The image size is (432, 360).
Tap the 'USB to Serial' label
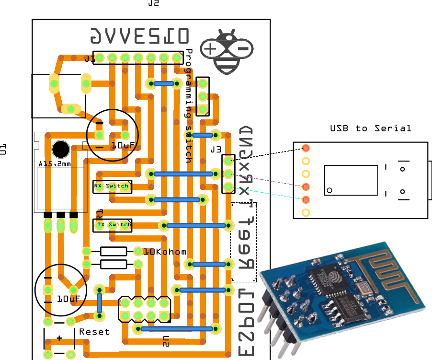click(370, 128)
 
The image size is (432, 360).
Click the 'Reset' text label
click(94, 332)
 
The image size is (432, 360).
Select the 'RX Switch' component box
click(112, 186)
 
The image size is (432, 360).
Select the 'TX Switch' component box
click(112, 225)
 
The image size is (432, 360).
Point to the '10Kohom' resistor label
click(165, 252)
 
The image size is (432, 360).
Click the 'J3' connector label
click(216, 150)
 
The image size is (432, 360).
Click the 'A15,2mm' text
click(54, 164)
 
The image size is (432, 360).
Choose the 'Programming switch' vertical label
click(189, 105)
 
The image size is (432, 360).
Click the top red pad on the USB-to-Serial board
click(306, 148)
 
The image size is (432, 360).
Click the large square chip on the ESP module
click(323, 278)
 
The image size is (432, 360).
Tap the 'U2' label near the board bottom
click(166, 341)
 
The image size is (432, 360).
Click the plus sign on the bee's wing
click(211, 48)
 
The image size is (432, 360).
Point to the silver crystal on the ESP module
click(363, 287)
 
